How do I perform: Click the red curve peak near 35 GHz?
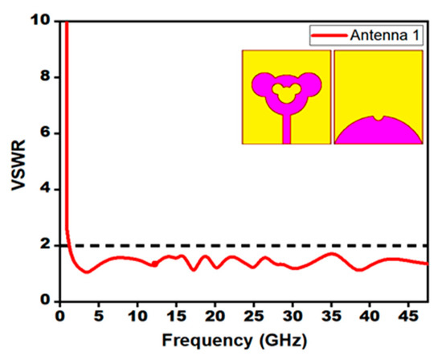331,253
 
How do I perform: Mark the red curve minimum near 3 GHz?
85,272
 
